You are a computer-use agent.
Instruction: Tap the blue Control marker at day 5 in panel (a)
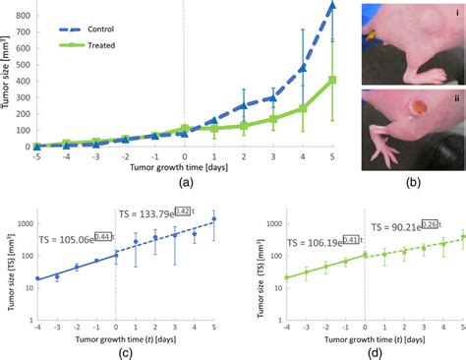point(332,6)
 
